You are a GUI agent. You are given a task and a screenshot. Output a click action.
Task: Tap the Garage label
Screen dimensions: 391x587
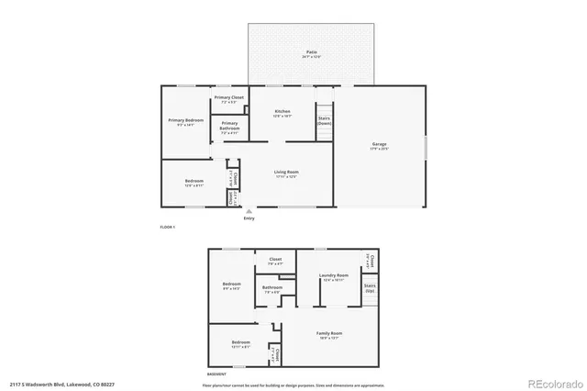(x=379, y=146)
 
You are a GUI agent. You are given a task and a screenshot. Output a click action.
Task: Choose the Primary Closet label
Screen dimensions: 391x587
(x=228, y=98)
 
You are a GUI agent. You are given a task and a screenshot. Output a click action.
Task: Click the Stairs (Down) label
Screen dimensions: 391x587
(x=323, y=121)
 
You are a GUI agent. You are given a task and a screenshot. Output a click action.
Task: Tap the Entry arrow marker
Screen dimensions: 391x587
(x=249, y=212)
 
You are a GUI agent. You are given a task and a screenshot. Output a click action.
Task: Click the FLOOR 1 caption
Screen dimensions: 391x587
(x=167, y=227)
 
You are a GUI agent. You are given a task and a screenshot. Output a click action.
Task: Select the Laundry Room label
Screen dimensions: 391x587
(x=333, y=277)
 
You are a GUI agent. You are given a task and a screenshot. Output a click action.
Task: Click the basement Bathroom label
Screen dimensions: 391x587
(x=271, y=289)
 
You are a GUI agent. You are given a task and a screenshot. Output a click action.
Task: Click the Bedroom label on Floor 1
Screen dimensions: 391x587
(x=194, y=183)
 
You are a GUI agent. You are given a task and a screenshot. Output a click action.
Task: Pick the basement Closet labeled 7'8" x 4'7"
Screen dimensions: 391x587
(x=275, y=261)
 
